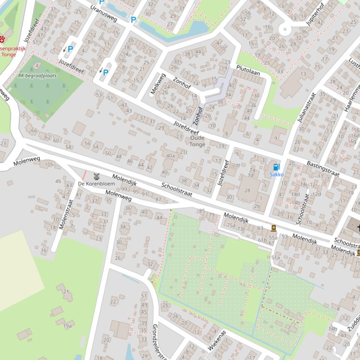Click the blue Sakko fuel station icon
point(276,167)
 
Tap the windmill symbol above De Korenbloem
point(97,176)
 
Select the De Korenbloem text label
point(96,184)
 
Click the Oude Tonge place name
point(197,141)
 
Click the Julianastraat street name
point(307,108)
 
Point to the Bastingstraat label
point(323,169)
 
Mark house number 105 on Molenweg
point(49,165)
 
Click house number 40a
point(170,156)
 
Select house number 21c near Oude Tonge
point(184,152)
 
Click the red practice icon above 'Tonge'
point(3,39)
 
